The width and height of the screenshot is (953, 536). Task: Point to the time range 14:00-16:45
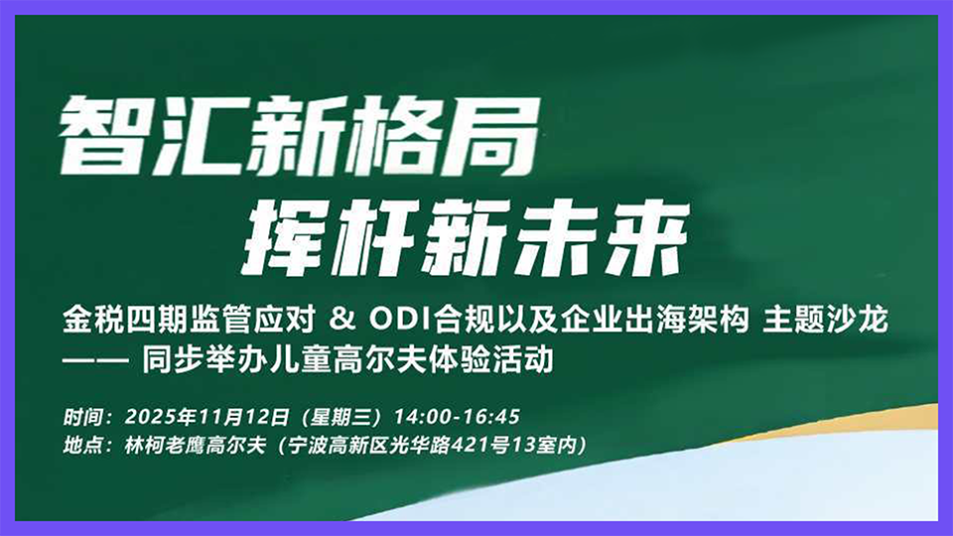458,415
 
